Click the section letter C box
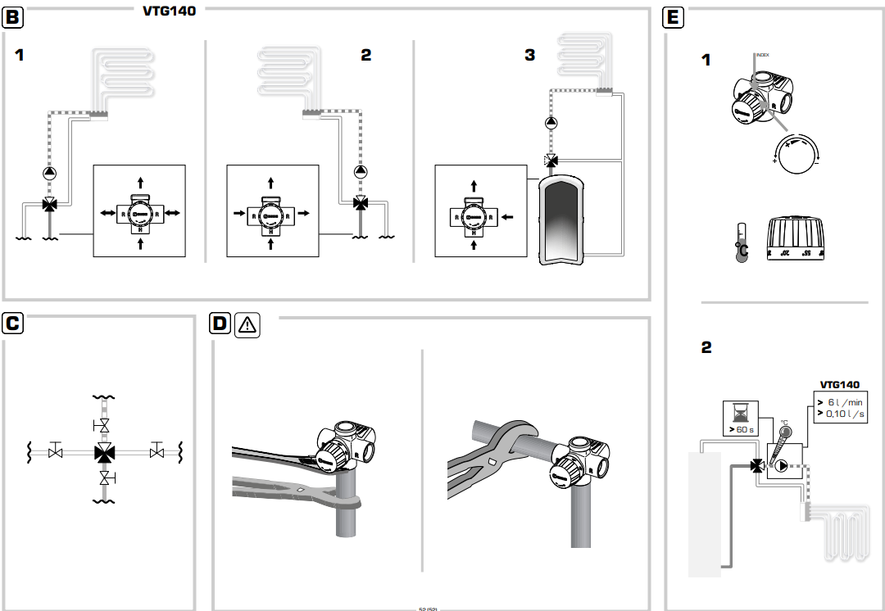click(x=13, y=323)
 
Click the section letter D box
click(x=220, y=324)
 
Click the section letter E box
click(x=674, y=17)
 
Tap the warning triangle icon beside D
click(x=247, y=325)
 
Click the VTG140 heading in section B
click(x=170, y=11)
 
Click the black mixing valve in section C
click(x=104, y=451)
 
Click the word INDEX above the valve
click(x=761, y=55)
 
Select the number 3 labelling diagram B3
click(x=530, y=55)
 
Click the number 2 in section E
click(x=706, y=347)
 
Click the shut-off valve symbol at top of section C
click(x=104, y=426)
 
